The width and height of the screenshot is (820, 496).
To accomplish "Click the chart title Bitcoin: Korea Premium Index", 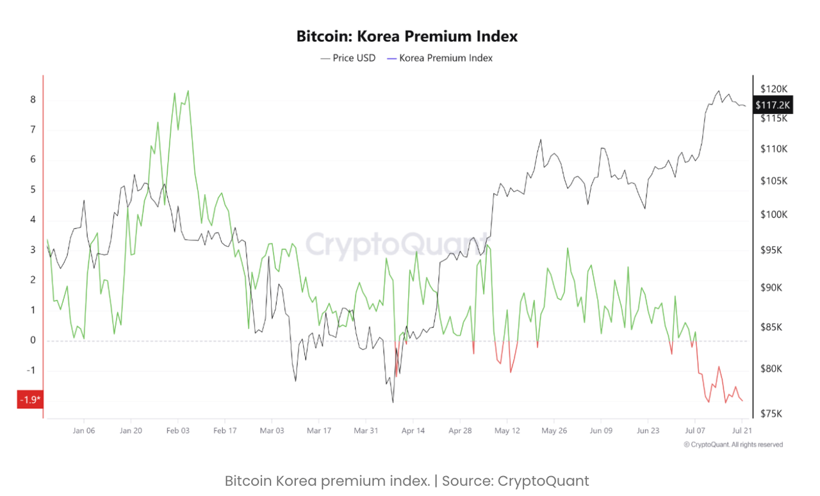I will (407, 37).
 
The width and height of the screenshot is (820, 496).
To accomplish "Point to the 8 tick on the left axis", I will (33, 100).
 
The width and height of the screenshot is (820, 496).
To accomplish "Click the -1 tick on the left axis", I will (31, 370).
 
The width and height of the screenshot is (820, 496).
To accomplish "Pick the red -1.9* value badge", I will (30, 401).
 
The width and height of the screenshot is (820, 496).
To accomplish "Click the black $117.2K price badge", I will (773, 104).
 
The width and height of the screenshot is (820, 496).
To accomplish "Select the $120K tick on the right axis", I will (773, 88).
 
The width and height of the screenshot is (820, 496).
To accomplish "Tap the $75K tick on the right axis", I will (771, 413).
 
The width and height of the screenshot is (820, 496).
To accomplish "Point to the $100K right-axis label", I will (773, 215).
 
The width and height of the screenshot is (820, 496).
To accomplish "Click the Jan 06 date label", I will (84, 431).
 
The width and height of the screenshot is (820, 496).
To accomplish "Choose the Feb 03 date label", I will (178, 431).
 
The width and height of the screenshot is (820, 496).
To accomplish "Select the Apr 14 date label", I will (413, 431).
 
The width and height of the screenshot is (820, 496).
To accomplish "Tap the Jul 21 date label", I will (742, 431).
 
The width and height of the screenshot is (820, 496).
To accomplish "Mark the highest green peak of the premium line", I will (188, 91).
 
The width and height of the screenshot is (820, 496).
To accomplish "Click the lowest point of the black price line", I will (393, 402).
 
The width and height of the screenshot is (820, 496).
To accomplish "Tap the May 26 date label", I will (554, 431).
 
